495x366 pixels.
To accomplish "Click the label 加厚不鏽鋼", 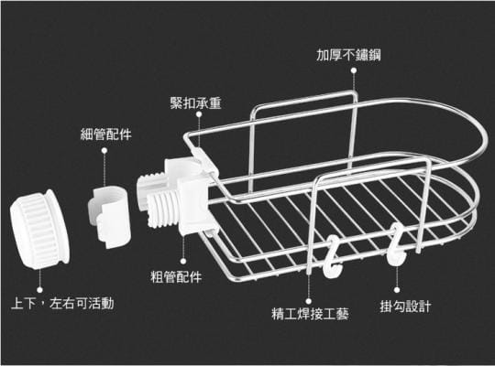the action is (348, 55).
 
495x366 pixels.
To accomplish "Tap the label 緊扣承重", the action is (196, 103).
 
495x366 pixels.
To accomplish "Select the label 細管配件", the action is (105, 135).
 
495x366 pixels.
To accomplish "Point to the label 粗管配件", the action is (176, 277).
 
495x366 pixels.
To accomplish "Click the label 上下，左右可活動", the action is (62, 304).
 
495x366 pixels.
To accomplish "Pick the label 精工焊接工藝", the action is (310, 314).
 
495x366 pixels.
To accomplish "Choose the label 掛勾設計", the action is (405, 307).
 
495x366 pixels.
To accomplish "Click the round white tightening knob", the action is (39, 230).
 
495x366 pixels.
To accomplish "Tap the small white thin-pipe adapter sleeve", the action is (109, 216).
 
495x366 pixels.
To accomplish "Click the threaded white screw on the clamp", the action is (162, 209).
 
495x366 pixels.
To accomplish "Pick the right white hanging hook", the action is (396, 245).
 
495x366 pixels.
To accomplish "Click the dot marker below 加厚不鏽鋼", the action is (354, 71).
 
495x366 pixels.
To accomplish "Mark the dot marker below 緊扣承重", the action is (199, 114).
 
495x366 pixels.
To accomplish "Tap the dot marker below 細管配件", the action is (104, 151).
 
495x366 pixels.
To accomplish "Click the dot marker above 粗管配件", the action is (183, 262).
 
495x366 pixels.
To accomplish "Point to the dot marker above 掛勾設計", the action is (397, 290).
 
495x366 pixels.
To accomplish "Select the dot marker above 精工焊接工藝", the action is (308, 301).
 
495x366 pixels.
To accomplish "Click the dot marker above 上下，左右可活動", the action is (39, 290).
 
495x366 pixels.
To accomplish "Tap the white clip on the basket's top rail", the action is (204, 160).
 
